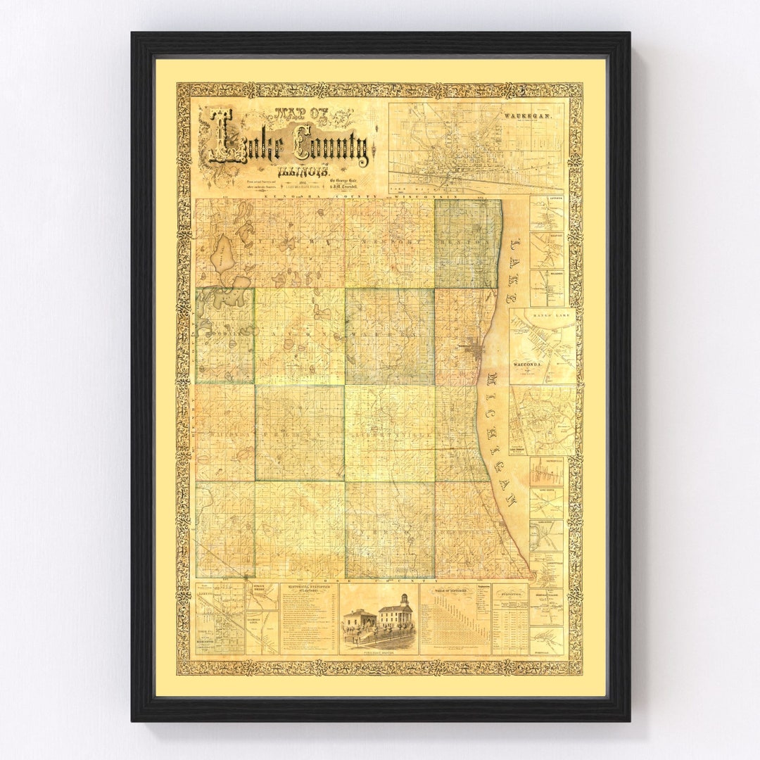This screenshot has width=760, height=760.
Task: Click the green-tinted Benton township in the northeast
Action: [467, 243]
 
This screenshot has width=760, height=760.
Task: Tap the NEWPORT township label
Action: [389, 239]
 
